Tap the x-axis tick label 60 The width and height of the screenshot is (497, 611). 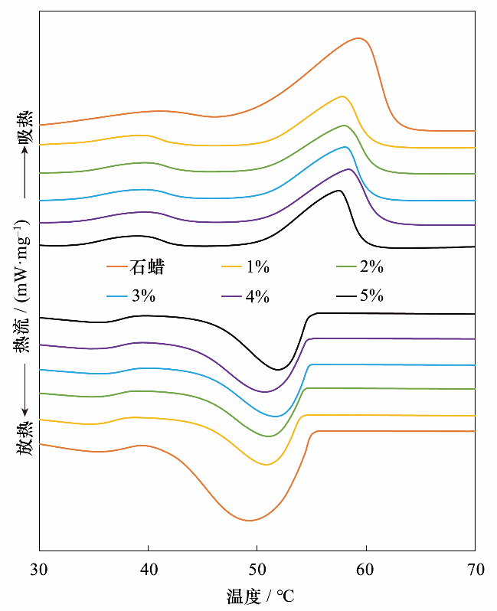point(366,568)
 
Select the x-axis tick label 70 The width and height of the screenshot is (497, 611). point(475,568)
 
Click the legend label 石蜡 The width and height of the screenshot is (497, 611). point(147,267)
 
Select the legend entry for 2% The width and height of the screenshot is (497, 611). point(371,267)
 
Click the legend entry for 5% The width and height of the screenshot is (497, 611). point(371,297)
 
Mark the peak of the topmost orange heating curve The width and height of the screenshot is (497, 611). point(358,38)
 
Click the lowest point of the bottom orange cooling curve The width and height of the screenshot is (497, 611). point(249,521)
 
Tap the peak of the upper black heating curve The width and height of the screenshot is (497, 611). point(338,190)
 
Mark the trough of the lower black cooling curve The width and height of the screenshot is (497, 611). point(278,370)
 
